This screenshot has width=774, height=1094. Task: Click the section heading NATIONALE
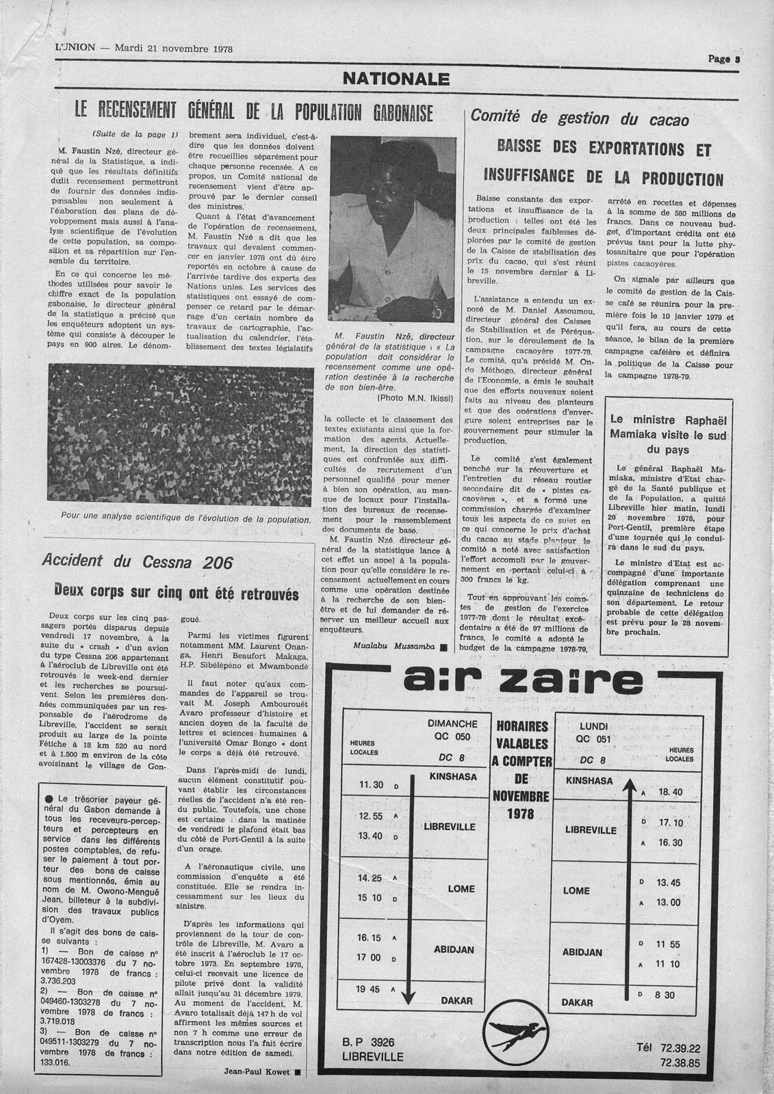(396, 79)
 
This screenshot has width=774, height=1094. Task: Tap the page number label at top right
(725, 59)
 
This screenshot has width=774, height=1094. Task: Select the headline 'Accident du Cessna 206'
(138, 562)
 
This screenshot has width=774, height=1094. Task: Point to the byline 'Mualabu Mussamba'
(395, 645)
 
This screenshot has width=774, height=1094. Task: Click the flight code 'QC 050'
(452, 737)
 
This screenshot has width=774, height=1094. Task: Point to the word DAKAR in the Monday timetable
(577, 1002)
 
